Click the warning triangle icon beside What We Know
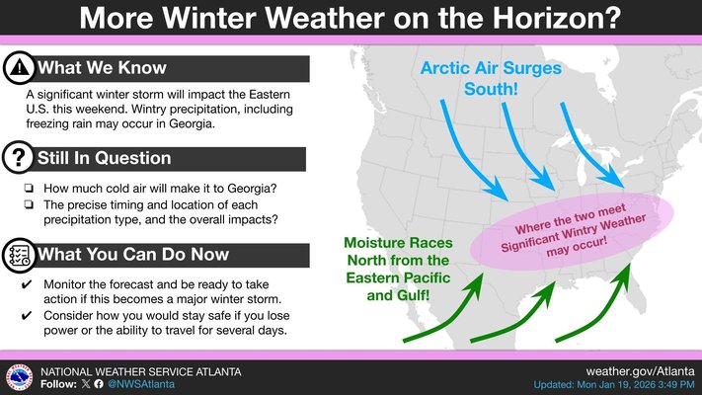[20, 68]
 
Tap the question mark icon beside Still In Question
[20, 158]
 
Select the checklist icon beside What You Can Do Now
[20, 255]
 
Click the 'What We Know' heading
[102, 68]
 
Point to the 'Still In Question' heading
[105, 158]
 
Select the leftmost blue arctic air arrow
[468, 149]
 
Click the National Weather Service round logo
[19, 375]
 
